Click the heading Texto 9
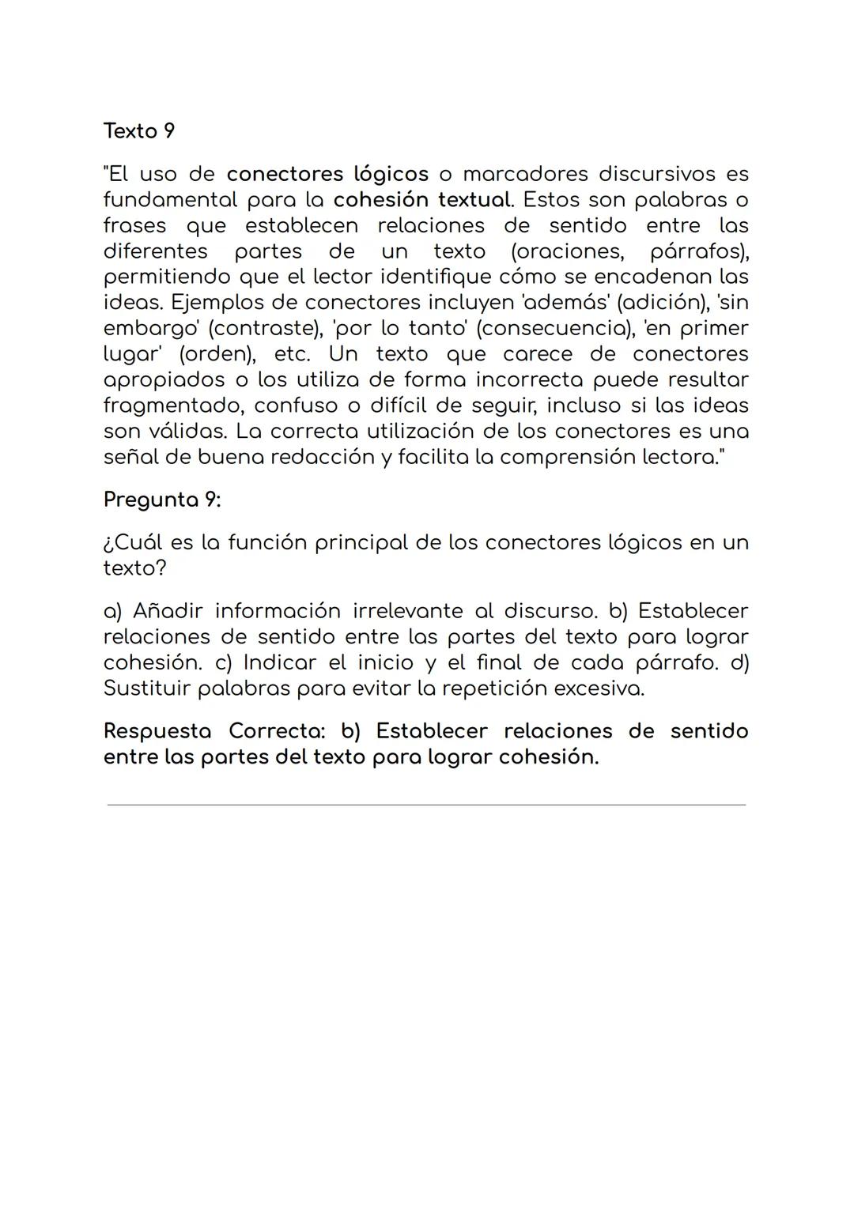[x=139, y=131]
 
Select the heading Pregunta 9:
[x=162, y=500]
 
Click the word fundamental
[x=170, y=199]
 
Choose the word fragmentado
[x=172, y=405]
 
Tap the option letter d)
[x=739, y=662]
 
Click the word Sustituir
[x=147, y=688]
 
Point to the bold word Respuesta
[x=157, y=731]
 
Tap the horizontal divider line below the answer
[x=426, y=805]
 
